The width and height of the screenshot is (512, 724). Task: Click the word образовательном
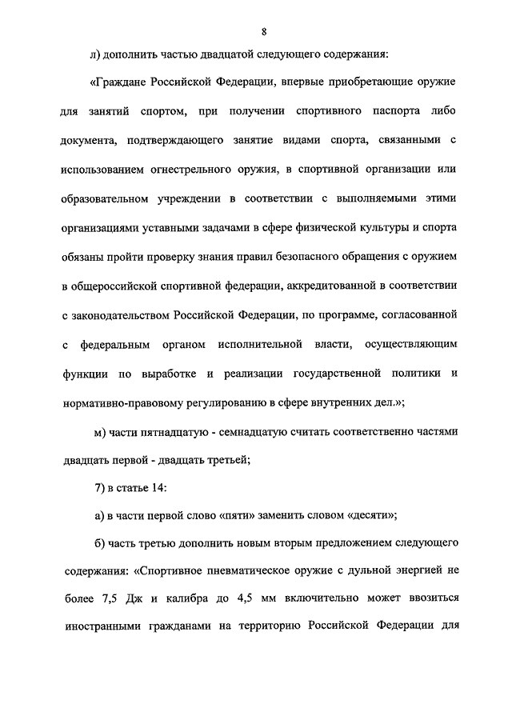tap(108, 198)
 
